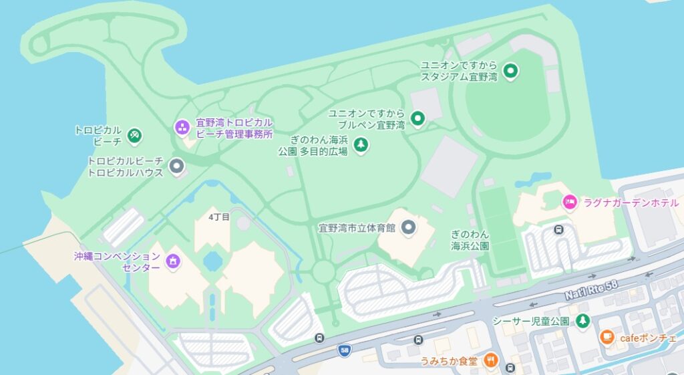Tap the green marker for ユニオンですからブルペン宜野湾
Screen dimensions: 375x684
click(x=417, y=119)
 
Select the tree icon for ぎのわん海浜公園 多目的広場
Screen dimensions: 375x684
click(x=361, y=145)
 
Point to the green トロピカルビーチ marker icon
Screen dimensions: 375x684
click(x=135, y=136)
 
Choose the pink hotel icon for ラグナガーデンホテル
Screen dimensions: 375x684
click(x=569, y=202)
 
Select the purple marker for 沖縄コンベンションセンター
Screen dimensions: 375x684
click(x=173, y=261)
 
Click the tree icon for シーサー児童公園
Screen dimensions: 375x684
click(x=582, y=321)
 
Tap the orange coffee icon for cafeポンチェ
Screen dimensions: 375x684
click(x=607, y=338)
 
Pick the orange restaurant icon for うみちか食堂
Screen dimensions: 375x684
click(x=491, y=361)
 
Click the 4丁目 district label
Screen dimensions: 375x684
click(x=219, y=217)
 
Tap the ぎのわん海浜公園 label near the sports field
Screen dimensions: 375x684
click(x=470, y=240)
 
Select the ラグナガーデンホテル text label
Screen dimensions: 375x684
click(x=631, y=203)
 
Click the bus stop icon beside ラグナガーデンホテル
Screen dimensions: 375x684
click(x=558, y=231)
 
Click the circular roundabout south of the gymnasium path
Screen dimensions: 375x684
click(x=323, y=272)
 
